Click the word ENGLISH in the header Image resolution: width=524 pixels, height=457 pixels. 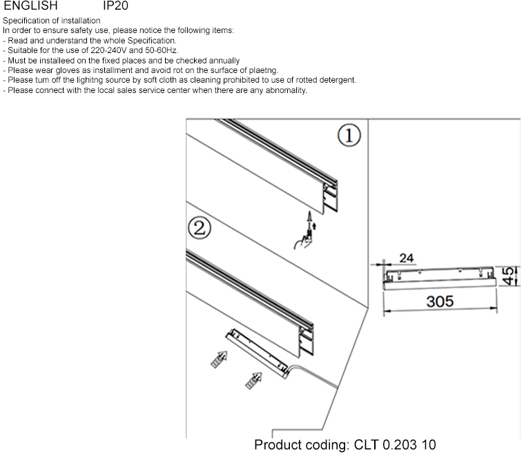30,6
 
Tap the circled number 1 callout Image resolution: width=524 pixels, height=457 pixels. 349,136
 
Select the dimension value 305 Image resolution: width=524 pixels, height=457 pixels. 439,302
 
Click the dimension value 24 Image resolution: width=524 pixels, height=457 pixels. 407,258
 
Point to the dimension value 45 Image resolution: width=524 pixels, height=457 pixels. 508,277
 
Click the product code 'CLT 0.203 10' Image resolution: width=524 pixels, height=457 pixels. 395,445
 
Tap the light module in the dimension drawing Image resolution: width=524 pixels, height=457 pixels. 438,278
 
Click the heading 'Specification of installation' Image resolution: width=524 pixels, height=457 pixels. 51,21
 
